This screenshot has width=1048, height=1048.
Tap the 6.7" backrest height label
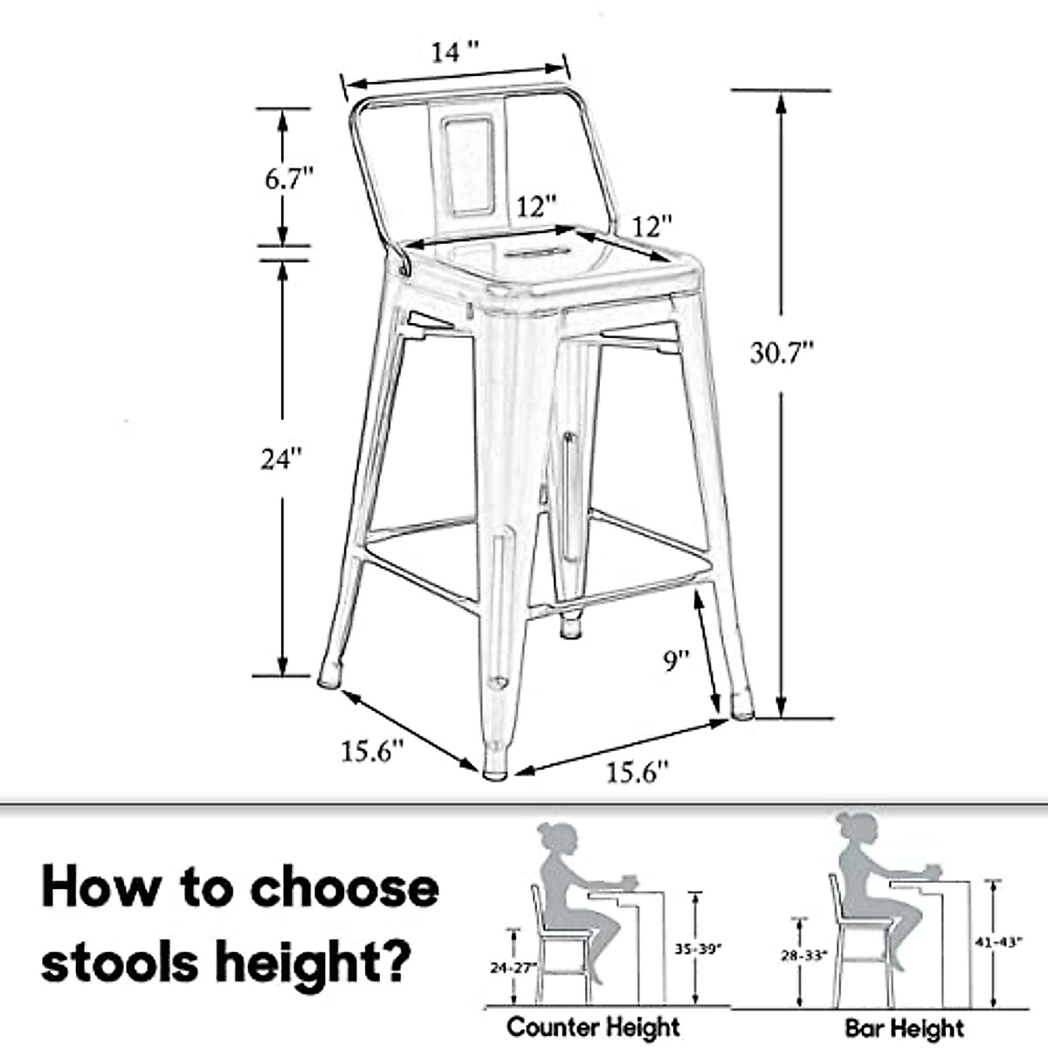[x=289, y=179]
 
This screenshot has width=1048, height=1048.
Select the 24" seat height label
[x=281, y=458]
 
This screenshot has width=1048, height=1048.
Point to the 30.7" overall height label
[x=783, y=353]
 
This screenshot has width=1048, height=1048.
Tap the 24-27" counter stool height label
[x=514, y=968]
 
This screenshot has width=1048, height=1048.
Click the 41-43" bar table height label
[x=996, y=944]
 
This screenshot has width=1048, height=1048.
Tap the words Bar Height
[x=904, y=1028]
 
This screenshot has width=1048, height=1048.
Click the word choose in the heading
[x=344, y=888]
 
